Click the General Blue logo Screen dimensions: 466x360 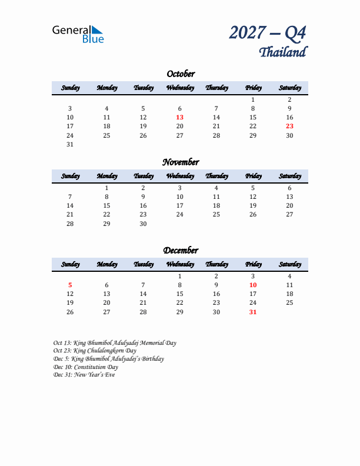coord(78,34)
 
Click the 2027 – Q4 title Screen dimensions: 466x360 coord(268,33)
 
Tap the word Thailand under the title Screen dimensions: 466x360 coord(282,52)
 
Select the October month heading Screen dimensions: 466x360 coord(180,74)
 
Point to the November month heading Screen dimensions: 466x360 coord(180,162)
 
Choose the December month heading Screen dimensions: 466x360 coord(180,250)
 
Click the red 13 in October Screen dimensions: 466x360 coord(180,117)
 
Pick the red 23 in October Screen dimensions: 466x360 coord(289,126)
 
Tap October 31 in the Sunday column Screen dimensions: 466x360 coord(70,144)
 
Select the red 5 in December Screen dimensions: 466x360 coord(70,285)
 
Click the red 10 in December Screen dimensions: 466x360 coord(253,285)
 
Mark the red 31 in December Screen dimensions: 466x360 coord(253,312)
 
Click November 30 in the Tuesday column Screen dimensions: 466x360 coord(143,224)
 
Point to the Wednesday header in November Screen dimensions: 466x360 coord(180,176)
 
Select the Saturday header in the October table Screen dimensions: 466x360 coord(289,88)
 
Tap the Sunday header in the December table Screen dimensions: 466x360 coord(70,264)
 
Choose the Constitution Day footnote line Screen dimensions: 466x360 coord(85,367)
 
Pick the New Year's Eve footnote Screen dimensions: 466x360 coord(84,375)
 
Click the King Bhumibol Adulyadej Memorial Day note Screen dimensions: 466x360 coord(114,342)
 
